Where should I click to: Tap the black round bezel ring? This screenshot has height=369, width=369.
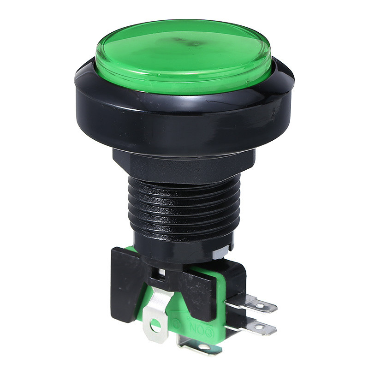click(184, 115)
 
